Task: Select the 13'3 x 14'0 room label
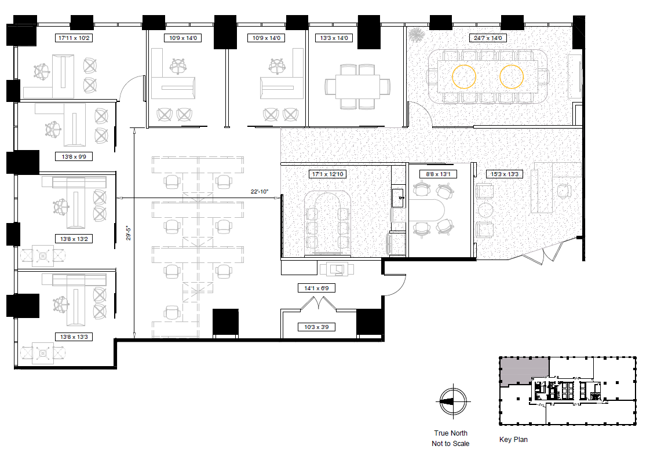coord(334,38)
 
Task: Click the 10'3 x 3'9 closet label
coord(316,327)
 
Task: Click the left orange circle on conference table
coord(464,76)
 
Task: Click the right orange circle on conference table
coord(512,76)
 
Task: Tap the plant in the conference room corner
coord(415,35)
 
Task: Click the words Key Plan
coord(513,440)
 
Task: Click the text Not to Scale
coord(451,443)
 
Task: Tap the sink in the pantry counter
coord(399,198)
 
